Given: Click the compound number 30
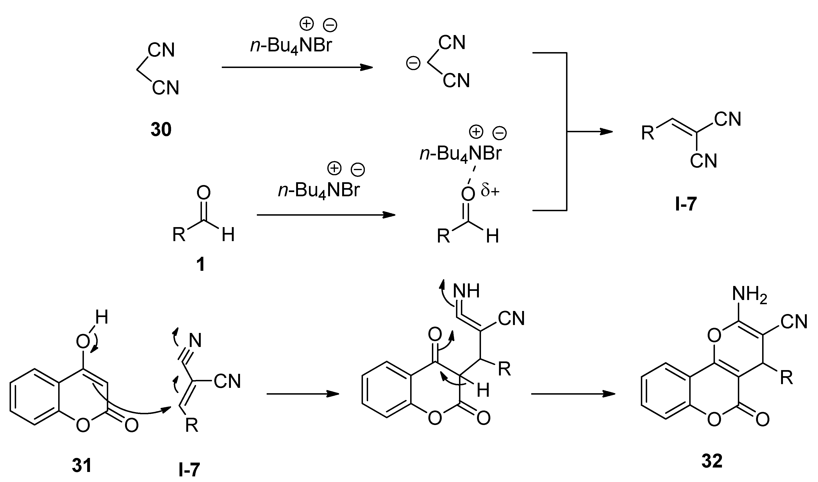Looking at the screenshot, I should (161, 130).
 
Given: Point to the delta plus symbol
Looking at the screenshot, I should (490, 192).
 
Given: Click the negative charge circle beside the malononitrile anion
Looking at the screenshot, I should (413, 63).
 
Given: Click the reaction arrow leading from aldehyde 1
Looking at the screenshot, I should (326, 215).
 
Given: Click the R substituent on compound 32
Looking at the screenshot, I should (786, 378).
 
